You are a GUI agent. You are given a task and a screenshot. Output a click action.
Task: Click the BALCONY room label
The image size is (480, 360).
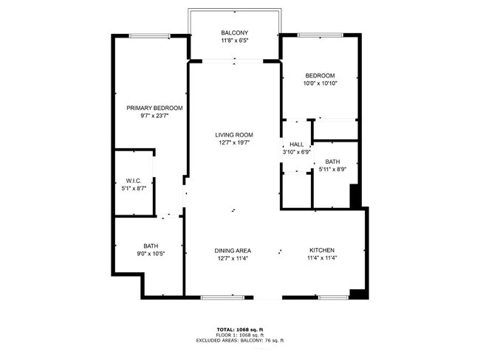click(x=234, y=32)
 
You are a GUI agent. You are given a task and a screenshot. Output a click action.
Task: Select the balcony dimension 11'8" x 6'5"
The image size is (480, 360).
click(x=234, y=41)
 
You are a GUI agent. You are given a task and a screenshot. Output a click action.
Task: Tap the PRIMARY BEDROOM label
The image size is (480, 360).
click(x=154, y=108)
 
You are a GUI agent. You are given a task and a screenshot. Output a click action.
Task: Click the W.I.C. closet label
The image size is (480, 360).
click(x=134, y=180)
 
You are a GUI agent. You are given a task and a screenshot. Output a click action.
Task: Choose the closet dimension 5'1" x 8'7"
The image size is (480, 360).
click(x=134, y=188)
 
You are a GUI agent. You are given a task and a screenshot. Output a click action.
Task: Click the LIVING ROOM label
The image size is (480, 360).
click(x=234, y=135)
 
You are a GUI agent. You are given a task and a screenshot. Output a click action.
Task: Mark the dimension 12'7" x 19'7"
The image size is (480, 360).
click(x=234, y=143)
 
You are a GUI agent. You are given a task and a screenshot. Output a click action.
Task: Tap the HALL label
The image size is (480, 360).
click(x=296, y=145)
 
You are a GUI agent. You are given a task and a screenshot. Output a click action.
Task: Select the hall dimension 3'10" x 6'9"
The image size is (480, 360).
click(x=296, y=153)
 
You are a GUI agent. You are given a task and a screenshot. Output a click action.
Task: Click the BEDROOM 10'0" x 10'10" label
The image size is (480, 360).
click(x=320, y=76)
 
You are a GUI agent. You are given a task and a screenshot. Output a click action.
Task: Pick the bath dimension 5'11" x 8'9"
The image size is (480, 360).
click(x=332, y=170)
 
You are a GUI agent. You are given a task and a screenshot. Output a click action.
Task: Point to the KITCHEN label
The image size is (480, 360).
click(x=323, y=251)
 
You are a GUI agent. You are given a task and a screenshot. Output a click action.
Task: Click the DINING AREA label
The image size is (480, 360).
click(x=233, y=251)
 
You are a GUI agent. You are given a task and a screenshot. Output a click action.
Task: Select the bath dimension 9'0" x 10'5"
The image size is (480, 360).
click(x=151, y=255)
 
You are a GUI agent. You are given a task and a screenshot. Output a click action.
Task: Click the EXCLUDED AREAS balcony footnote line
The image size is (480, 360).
click(x=239, y=340)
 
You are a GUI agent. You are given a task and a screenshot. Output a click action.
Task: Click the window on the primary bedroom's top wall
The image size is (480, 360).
click(x=150, y=35)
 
